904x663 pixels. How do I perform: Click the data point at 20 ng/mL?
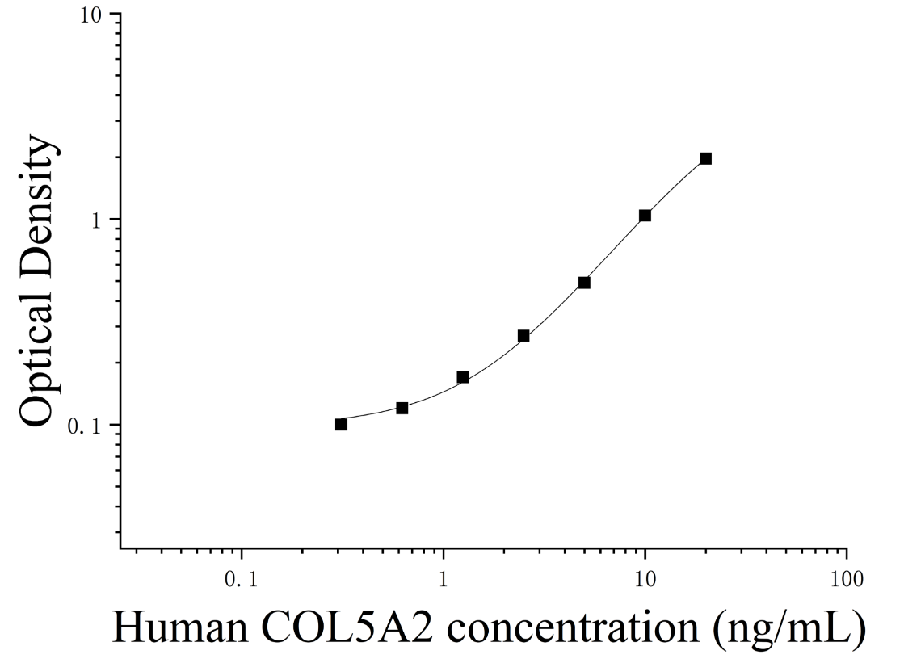pyautogui.click(x=706, y=158)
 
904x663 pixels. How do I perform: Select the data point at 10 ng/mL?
pyautogui.click(x=645, y=216)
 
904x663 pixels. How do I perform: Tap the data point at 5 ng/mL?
pyautogui.click(x=584, y=283)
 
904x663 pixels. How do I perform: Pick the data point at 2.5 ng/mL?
pyautogui.click(x=523, y=335)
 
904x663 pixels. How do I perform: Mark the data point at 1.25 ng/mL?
pyautogui.click(x=463, y=377)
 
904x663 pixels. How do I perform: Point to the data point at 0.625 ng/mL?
pyautogui.click(x=402, y=408)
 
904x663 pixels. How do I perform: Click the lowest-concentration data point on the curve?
pyautogui.click(x=341, y=424)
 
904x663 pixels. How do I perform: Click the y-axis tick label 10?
pyautogui.click(x=91, y=15)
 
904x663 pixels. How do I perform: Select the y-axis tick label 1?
pyautogui.click(x=97, y=220)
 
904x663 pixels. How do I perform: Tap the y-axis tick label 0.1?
pyautogui.click(x=86, y=426)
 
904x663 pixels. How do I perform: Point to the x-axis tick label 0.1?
pyautogui.click(x=242, y=579)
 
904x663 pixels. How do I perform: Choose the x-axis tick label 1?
pyautogui.click(x=444, y=579)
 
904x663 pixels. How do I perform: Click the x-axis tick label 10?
pyautogui.click(x=645, y=579)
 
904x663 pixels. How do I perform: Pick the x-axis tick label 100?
pyautogui.click(x=847, y=579)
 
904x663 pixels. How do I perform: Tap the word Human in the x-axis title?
pyautogui.click(x=180, y=627)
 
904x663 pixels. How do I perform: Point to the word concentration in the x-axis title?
pyautogui.click(x=573, y=627)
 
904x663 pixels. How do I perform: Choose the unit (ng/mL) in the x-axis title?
pyautogui.click(x=788, y=630)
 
